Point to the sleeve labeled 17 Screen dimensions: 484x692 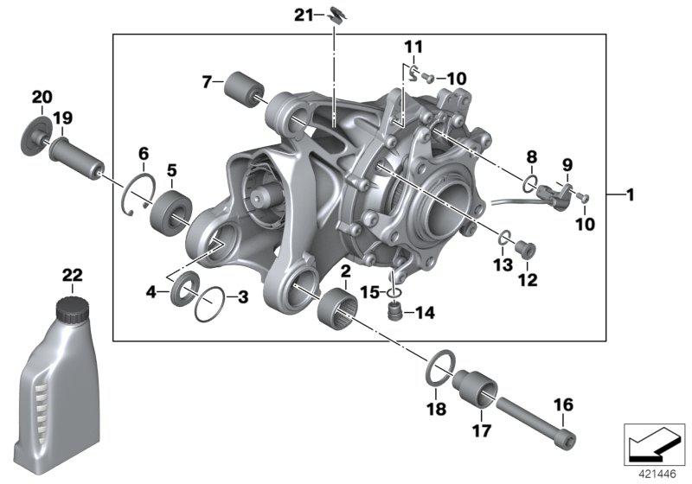(477, 386)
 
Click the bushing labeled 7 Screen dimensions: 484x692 (245, 89)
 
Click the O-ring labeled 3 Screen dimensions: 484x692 (210, 303)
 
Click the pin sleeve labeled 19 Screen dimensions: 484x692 (78, 157)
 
